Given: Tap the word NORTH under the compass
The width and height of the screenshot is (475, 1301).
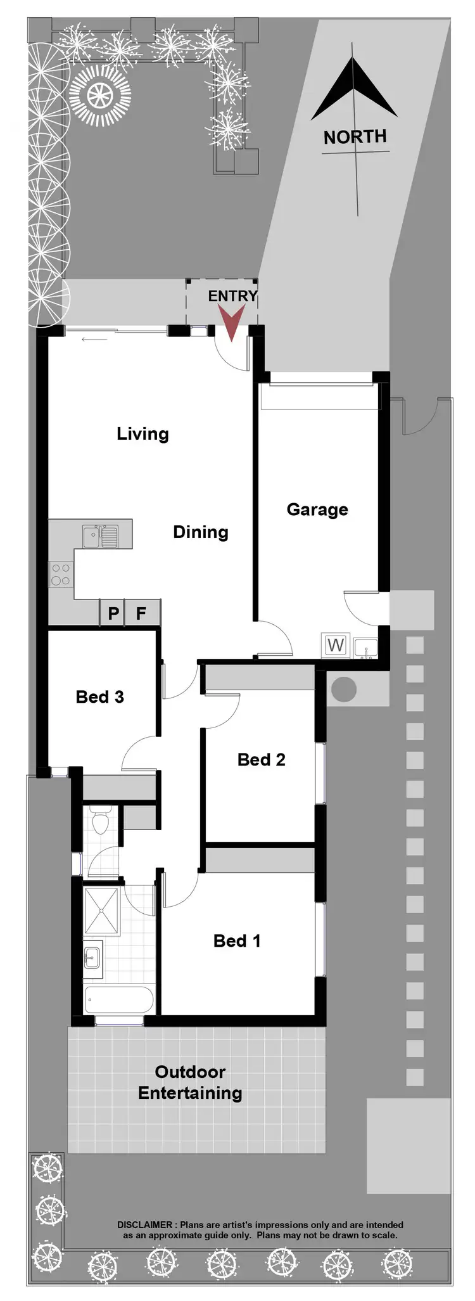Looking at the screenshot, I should point(355,137).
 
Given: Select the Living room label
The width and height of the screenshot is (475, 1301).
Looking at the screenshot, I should point(142,434).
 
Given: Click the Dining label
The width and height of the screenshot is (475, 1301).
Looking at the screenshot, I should point(201,532).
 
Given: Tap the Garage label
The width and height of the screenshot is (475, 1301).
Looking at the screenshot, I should point(317,510).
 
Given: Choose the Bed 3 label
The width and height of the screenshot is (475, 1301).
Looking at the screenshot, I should point(99,697).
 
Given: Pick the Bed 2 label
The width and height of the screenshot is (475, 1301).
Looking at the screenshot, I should point(261,760).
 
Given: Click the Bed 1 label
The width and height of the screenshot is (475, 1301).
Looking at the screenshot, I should point(237,941).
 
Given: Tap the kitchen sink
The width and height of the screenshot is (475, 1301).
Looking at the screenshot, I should point(99,536).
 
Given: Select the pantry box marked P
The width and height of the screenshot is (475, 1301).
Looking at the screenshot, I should point(113,613).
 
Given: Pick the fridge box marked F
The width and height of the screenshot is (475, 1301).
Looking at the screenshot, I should point(141,613).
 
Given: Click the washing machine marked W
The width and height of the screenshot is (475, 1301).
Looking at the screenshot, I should point(335,646).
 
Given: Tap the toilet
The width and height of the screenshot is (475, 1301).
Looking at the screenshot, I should point(100,822).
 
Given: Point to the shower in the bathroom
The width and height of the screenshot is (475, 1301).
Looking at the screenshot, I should point(102,911).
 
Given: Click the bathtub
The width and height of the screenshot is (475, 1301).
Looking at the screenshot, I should point(118,1001).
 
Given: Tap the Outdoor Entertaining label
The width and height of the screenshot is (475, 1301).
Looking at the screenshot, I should point(190,1082).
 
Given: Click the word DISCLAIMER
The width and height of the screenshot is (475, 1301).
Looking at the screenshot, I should point(144,1225).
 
